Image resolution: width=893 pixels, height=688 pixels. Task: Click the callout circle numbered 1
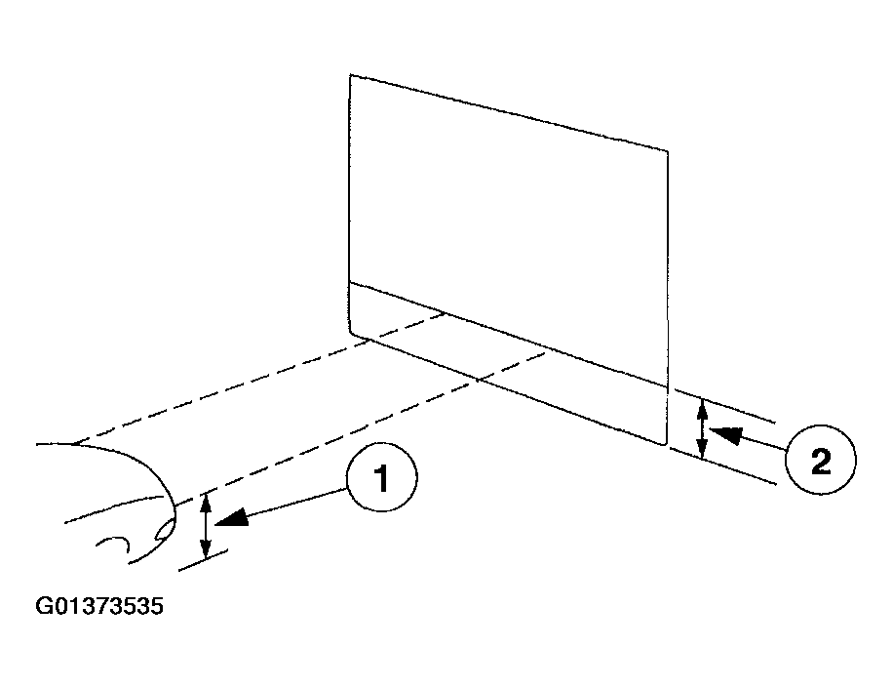click(382, 476)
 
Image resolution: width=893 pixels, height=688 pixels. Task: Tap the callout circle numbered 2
click(820, 460)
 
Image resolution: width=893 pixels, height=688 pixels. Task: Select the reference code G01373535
click(99, 605)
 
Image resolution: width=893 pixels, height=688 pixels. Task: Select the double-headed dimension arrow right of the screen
click(702, 428)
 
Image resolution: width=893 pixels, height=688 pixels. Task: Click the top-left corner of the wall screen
click(350, 75)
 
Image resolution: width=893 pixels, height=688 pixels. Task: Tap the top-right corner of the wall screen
click(668, 151)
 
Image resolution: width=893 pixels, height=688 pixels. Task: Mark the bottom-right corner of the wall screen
click(666, 445)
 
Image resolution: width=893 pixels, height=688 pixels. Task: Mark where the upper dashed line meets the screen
click(445, 312)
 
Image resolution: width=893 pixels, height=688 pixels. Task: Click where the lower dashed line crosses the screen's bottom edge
click(479, 379)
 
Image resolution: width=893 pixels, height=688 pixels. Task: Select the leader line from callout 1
click(290, 504)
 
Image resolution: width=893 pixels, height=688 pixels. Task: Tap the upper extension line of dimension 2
click(724, 406)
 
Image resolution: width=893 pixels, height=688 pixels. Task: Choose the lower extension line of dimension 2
click(723, 466)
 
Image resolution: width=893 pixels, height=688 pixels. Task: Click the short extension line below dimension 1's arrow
click(204, 560)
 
